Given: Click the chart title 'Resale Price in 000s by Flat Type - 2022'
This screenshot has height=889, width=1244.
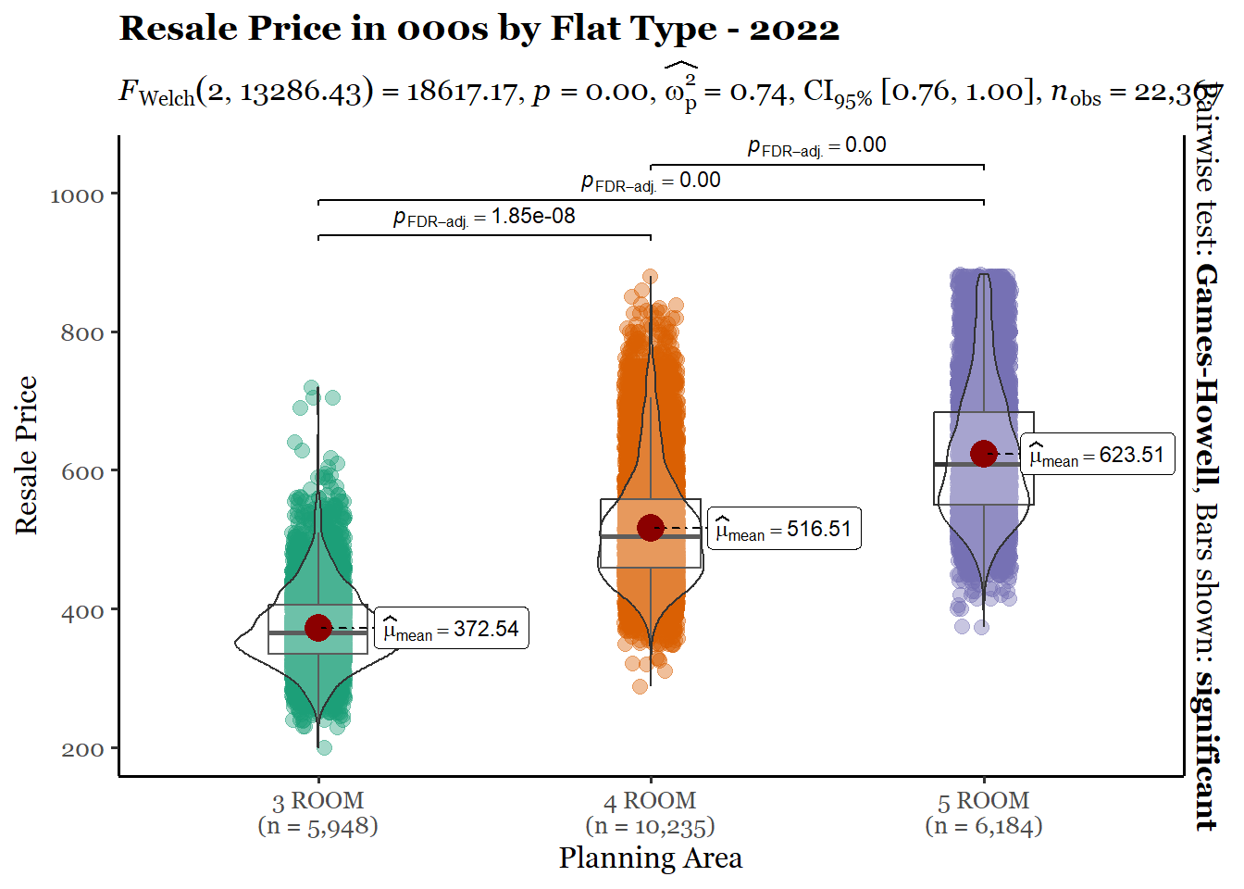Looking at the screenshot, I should [x=479, y=29].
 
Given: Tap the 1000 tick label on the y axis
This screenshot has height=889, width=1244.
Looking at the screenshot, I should [x=77, y=195].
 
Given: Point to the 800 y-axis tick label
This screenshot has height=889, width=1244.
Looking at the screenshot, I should [x=82, y=333].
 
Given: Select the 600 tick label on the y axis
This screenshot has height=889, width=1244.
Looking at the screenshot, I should [x=82, y=472].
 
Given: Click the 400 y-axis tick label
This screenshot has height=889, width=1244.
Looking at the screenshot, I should [x=82, y=611].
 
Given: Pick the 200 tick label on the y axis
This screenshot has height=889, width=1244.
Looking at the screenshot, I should [x=82, y=750].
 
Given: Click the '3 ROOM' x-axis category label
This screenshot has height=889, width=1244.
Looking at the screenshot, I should [x=317, y=801].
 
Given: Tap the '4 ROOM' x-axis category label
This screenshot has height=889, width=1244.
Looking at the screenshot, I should [x=650, y=801].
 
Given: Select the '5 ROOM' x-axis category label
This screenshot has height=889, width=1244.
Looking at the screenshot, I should [x=983, y=801].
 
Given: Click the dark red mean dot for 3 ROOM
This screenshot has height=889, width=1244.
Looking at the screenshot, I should [x=318, y=627].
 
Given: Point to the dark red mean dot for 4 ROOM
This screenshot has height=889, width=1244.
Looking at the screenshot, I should [x=651, y=528].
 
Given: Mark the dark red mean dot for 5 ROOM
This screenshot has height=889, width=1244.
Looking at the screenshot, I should [x=983, y=453].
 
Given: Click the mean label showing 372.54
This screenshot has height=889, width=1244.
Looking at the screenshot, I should [x=452, y=630].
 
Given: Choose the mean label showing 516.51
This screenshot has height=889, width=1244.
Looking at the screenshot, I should [x=784, y=530].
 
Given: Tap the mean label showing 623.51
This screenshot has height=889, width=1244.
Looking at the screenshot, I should [x=1097, y=456].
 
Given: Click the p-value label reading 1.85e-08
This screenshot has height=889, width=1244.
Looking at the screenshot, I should [x=484, y=218].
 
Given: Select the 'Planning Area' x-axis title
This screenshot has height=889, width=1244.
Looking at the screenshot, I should [x=650, y=858].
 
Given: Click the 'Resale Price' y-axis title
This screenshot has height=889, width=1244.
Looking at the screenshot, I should [x=26, y=455].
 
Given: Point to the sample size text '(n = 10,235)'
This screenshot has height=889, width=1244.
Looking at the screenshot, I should [x=650, y=826].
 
